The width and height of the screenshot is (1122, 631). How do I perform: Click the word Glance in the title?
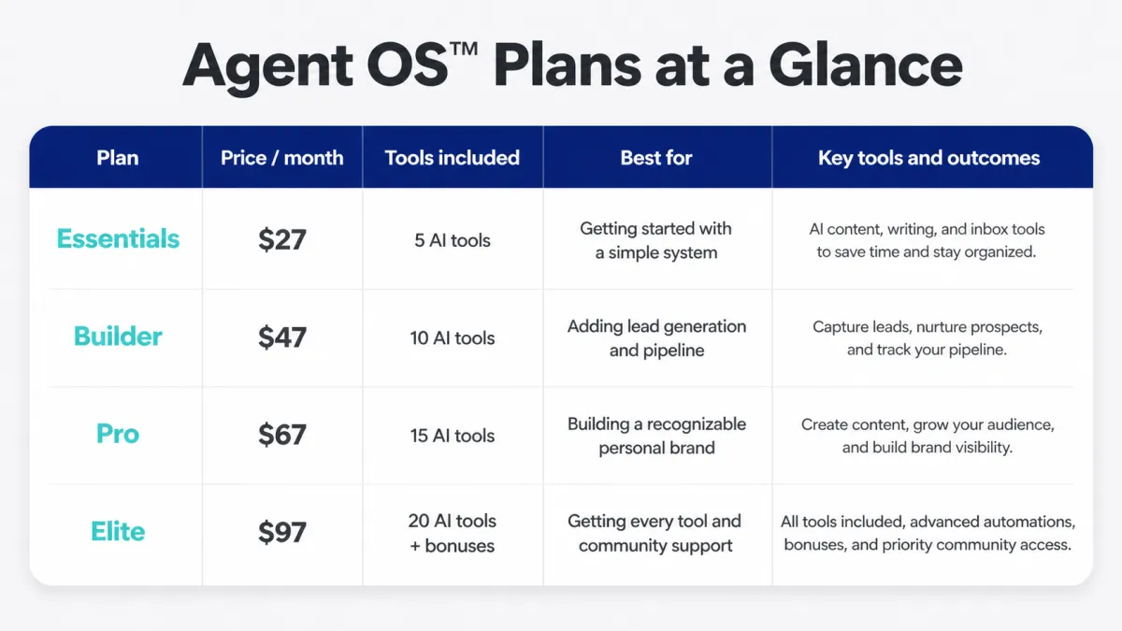pos(865,65)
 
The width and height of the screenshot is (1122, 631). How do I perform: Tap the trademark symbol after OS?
pos(464,49)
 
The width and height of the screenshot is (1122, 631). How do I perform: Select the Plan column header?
pos(118,158)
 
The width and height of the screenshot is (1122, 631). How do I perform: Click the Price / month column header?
pos(282,158)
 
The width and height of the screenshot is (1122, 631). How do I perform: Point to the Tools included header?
pos(453,158)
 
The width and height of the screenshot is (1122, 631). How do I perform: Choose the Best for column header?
pos(656,158)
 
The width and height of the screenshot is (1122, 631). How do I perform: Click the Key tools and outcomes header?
pos(929,158)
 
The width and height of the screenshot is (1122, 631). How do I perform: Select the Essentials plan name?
pos(118,238)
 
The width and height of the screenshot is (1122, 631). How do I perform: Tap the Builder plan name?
pos(118,336)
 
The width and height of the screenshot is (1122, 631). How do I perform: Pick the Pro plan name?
pos(118,434)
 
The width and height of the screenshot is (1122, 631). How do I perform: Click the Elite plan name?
pos(118,531)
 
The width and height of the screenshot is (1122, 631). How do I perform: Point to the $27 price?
pos(282,239)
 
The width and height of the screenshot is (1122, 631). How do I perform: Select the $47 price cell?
pos(282,337)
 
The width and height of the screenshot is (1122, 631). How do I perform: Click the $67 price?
pos(282,435)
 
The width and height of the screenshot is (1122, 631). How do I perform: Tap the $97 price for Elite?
pos(282,532)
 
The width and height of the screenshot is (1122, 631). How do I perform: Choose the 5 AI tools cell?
pos(453,240)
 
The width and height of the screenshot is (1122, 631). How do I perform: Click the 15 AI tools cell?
pos(453,436)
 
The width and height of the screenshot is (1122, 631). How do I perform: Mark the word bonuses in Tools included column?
pos(459,546)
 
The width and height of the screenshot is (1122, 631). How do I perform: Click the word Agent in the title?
pos(268,67)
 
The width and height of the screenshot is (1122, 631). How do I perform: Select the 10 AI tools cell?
pos(453,338)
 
